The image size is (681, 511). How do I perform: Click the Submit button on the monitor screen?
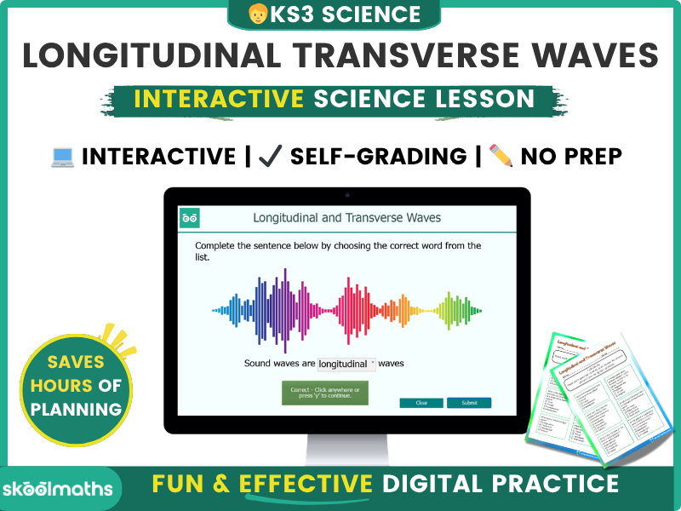click(469, 403)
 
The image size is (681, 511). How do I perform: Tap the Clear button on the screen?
click(421, 403)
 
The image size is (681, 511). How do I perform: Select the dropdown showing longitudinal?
click(346, 364)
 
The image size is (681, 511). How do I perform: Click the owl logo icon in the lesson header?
click(190, 218)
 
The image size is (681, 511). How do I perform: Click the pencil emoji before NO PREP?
click(501, 156)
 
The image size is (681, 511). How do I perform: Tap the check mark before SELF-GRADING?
click(270, 157)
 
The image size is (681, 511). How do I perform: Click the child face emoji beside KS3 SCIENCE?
click(257, 14)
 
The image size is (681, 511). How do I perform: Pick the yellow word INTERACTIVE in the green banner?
click(219, 98)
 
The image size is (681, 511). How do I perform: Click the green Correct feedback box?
click(324, 393)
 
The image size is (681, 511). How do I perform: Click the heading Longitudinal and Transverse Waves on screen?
click(346, 218)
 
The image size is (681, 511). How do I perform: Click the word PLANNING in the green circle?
click(76, 409)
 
